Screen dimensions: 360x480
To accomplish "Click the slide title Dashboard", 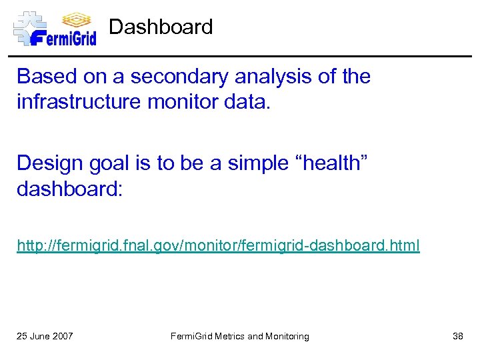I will (x=161, y=27).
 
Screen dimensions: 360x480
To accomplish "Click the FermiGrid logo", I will (x=55, y=28).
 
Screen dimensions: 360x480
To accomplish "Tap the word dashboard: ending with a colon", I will (x=69, y=190).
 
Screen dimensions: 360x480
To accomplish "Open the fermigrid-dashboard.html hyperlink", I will (x=218, y=246).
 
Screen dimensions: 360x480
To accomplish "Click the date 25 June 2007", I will (x=45, y=336).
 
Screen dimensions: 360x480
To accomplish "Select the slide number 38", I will (x=457, y=336).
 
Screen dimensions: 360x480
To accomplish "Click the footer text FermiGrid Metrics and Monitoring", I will (x=239, y=336).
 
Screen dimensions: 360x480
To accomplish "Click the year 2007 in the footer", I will (x=63, y=336).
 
